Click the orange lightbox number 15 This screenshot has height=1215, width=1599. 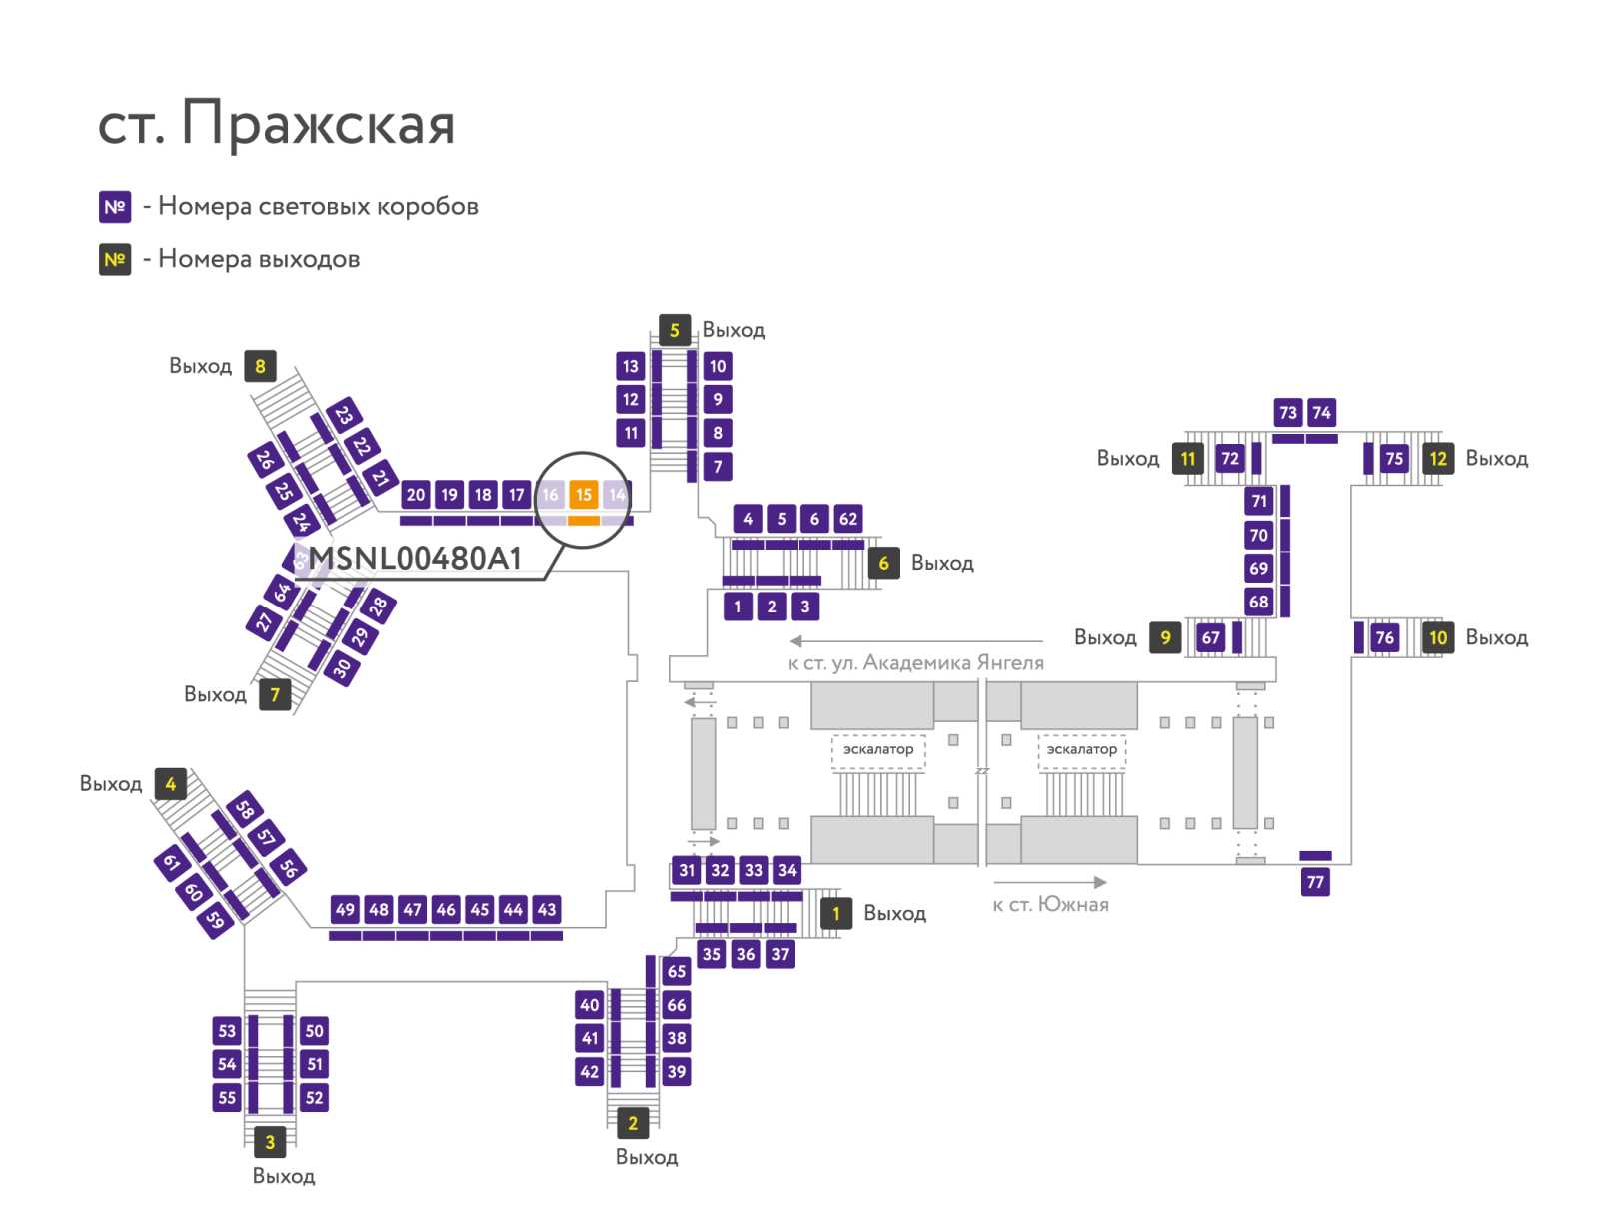[583, 495]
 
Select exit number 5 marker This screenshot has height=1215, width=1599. [674, 330]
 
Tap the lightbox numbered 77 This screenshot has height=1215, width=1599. [1315, 882]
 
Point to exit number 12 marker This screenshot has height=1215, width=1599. [1438, 458]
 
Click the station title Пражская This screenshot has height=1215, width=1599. [318, 125]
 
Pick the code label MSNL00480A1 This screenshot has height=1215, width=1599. [415, 559]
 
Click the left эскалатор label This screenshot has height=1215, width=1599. [878, 749]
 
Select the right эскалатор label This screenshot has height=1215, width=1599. [1081, 749]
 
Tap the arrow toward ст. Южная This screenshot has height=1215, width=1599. [1049, 882]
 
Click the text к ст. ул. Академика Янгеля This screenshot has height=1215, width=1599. [915, 662]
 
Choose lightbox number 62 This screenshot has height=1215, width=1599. [847, 519]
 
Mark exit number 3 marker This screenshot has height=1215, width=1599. [270, 1142]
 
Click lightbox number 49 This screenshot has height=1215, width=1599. [345, 909]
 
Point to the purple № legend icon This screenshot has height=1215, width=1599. [115, 207]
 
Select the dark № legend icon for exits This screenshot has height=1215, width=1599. [115, 259]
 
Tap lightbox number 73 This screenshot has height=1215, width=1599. [1288, 412]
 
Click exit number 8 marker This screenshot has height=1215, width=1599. [260, 366]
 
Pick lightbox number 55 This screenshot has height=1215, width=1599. [227, 1097]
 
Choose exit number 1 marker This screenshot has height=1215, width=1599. [836, 913]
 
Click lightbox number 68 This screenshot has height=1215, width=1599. [1258, 602]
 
